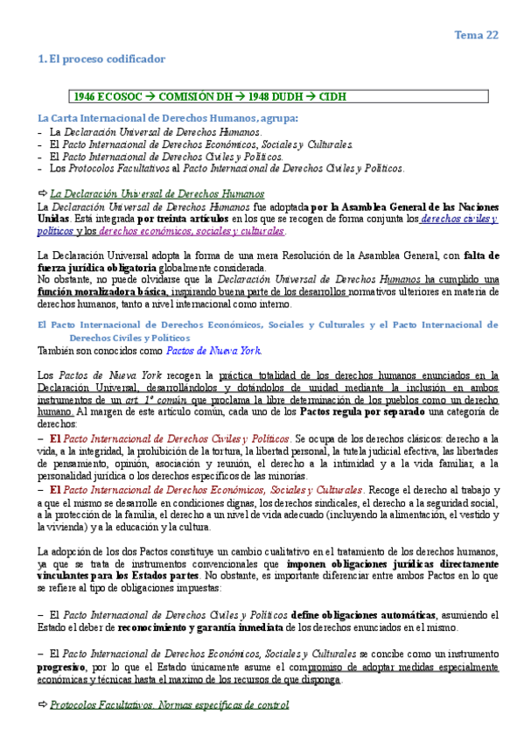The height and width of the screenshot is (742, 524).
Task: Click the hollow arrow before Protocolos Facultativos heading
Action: point(42,704)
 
